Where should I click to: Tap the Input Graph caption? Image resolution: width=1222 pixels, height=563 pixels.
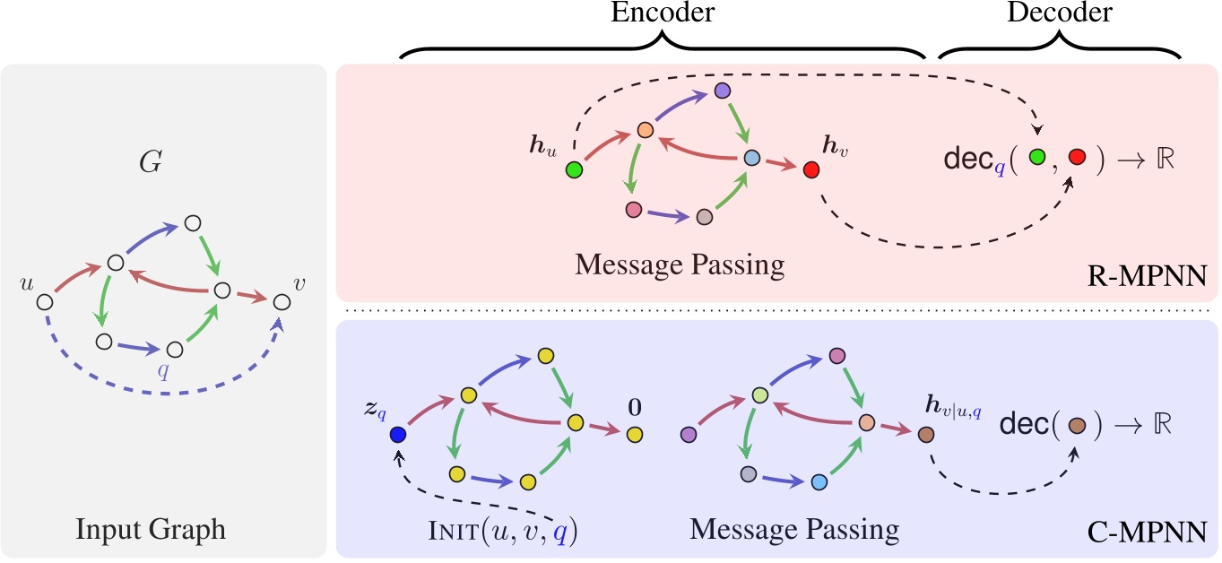(163, 530)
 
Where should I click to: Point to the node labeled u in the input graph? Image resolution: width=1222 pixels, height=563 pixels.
(44, 302)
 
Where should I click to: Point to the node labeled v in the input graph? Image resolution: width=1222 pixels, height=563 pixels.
(282, 303)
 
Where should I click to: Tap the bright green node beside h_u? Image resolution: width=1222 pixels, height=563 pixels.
(575, 169)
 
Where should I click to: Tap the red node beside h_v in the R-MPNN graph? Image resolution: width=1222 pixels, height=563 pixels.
(810, 169)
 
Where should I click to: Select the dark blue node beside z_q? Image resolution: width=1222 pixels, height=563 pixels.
(398, 435)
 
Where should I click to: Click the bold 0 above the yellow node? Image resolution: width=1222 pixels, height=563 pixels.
(635, 408)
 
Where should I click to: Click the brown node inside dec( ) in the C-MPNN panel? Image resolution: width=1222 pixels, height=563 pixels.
(1078, 425)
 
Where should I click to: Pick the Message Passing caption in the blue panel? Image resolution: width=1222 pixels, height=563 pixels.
(794, 530)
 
